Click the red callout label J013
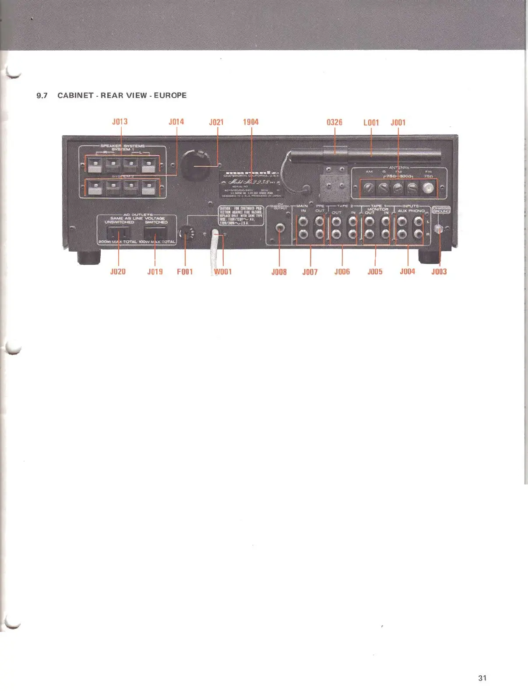point(120,122)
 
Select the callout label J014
point(176,122)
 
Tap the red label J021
point(216,122)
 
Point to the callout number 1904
point(251,122)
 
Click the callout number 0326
point(334,122)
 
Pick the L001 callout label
point(371,123)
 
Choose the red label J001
point(398,123)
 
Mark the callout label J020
point(118,272)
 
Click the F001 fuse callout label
point(185,272)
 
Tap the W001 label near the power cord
point(223,272)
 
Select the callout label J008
point(279,272)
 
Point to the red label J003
point(439,272)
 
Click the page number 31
point(482,678)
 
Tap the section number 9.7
point(42,95)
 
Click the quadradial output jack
point(279,228)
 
